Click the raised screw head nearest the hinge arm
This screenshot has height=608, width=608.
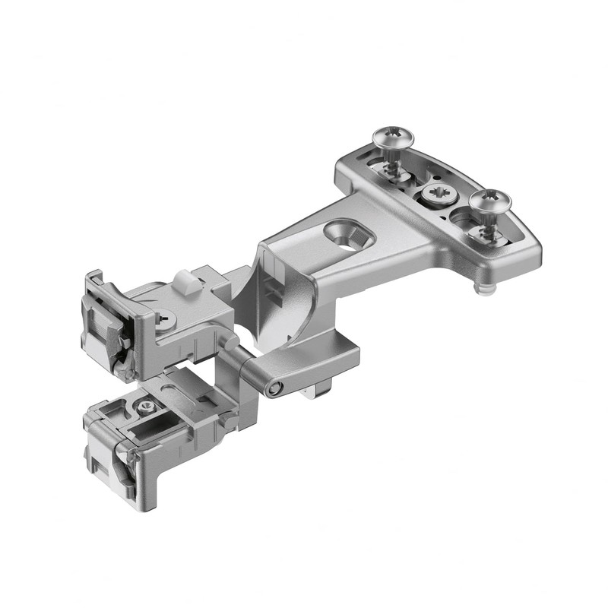point(393,138)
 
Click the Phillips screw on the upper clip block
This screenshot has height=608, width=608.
point(165,321)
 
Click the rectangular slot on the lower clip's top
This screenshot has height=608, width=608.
point(179,399)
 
